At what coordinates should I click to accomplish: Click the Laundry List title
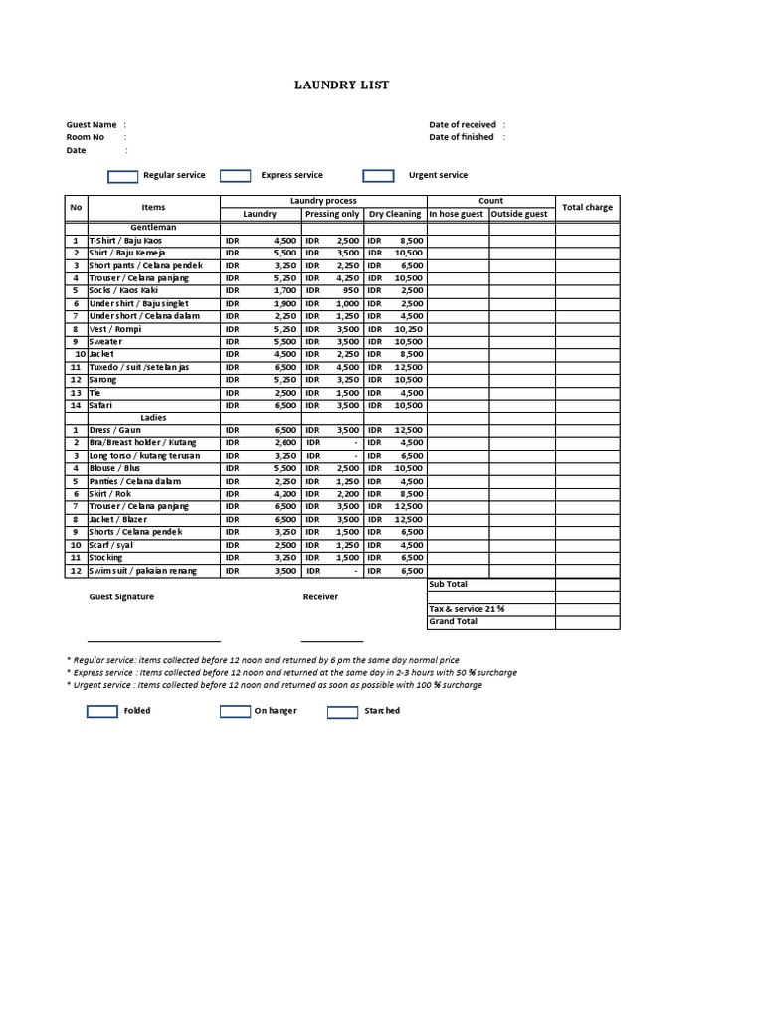click(341, 85)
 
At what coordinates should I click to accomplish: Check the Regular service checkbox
click(122, 176)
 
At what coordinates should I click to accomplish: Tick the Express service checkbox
click(235, 176)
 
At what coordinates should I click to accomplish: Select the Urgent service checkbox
click(378, 176)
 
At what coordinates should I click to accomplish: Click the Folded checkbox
click(102, 712)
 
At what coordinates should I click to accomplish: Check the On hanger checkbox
click(235, 712)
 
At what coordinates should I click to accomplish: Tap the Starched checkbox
click(342, 712)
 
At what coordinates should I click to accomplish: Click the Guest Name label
click(92, 125)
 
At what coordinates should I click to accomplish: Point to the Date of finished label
click(462, 137)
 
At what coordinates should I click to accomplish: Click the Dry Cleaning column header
click(395, 214)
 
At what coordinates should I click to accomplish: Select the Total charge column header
click(587, 207)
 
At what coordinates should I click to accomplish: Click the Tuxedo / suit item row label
click(138, 367)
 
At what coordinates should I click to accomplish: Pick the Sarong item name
click(102, 380)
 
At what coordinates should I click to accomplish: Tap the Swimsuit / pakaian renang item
click(142, 571)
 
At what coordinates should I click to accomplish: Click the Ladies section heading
click(153, 418)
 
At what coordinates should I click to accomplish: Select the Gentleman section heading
click(153, 227)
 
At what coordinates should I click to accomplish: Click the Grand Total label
click(453, 622)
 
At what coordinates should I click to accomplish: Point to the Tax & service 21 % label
click(467, 609)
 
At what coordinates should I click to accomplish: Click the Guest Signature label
click(121, 597)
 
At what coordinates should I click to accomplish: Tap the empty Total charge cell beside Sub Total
click(587, 585)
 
